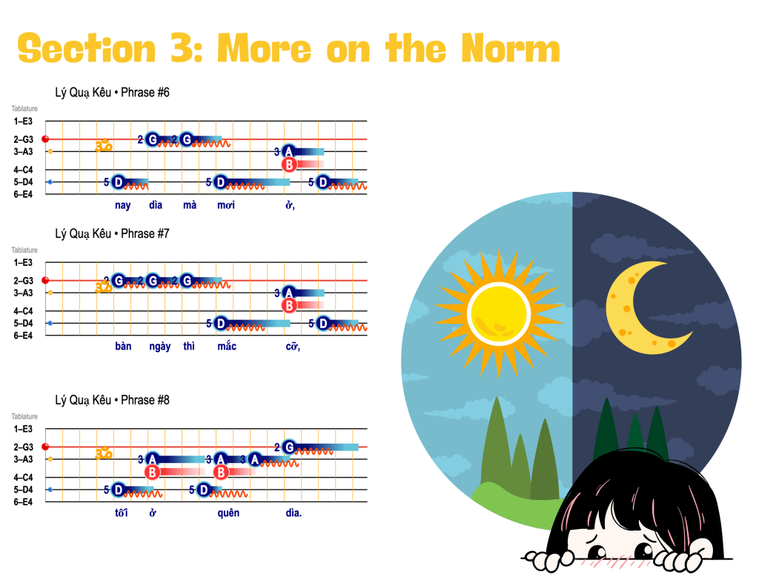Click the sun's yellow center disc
tap(499, 313)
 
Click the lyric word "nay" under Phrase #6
tap(123, 205)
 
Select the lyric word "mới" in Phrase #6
tap(226, 204)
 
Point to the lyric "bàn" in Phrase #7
tap(123, 346)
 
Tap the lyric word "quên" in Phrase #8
tap(228, 513)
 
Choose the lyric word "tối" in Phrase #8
tap(122, 513)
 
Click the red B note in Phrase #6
tap(289, 164)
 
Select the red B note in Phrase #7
tap(289, 306)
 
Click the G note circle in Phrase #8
tap(289, 447)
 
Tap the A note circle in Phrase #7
tap(289, 293)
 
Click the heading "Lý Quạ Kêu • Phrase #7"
tap(113, 233)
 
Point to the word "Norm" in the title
tap(511, 48)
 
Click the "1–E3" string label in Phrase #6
tap(23, 121)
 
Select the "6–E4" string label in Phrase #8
tap(23, 502)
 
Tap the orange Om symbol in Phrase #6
tap(104, 144)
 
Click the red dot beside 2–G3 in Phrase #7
tap(45, 280)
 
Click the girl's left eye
tap(597, 551)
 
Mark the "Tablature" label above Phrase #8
tap(24, 416)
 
